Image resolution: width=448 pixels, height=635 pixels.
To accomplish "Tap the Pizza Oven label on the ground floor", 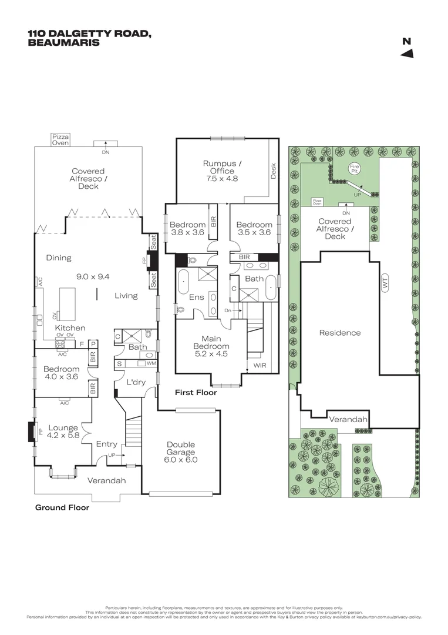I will pos(60,139).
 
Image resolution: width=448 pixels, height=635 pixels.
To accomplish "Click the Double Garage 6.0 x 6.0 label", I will pos(181,452).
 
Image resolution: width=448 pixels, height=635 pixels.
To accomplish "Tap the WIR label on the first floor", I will pos(260,366).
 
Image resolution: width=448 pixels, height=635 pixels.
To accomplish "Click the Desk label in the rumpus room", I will pos(273,171).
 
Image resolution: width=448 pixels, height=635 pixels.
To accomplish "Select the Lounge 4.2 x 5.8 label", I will pos(63,432).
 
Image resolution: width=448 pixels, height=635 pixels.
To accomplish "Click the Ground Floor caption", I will pos(62,507).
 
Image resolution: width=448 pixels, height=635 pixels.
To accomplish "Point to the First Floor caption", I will pos(196,392).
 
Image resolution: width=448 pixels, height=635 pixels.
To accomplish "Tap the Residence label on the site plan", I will pos(339,333).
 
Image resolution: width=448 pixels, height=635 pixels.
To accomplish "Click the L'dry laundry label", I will pos(136,382).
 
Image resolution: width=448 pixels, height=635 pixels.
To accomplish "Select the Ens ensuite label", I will pos(196,297).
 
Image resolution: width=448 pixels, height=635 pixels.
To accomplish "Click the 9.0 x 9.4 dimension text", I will pos(93,276).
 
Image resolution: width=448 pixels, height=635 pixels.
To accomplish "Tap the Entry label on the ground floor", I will pos(106,444).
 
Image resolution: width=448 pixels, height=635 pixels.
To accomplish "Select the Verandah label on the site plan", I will pos(348,420).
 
